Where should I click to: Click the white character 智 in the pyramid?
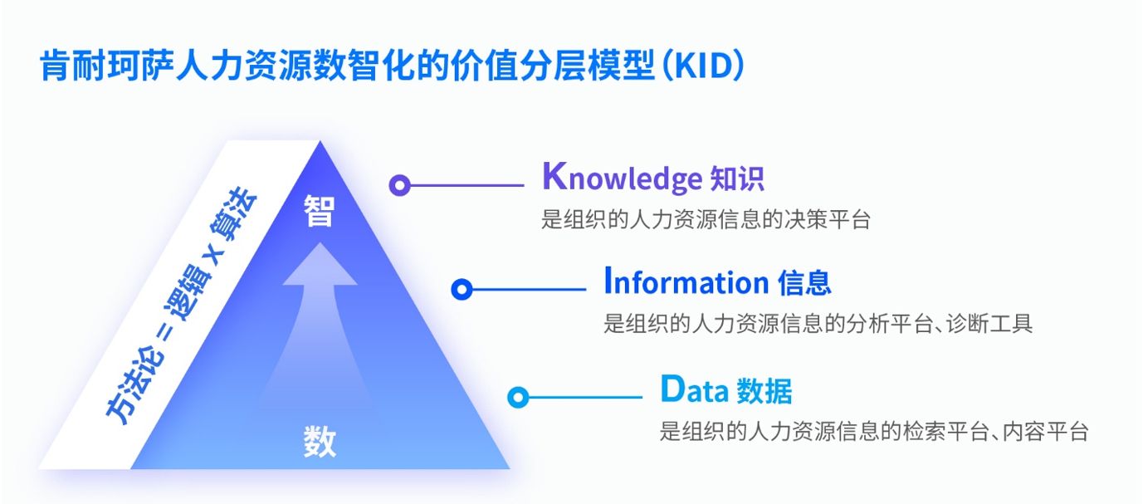coord(320,210)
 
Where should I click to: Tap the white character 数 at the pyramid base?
coord(320,441)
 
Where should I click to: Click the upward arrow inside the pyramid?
coord(320,327)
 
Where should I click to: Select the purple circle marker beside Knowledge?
coord(399,185)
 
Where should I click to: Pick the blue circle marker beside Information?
coord(462,290)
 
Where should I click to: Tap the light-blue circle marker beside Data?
coord(518,397)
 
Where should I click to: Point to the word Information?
coord(686,281)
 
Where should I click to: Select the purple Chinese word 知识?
coord(737,179)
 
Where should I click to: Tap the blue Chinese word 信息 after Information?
coord(804,282)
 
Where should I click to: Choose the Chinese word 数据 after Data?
coord(764,391)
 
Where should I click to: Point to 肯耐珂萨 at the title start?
coord(107,66)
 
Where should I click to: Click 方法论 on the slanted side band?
coord(135,388)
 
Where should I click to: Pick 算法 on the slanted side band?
coord(233,213)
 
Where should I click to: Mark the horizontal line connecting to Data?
coord(586,397)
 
